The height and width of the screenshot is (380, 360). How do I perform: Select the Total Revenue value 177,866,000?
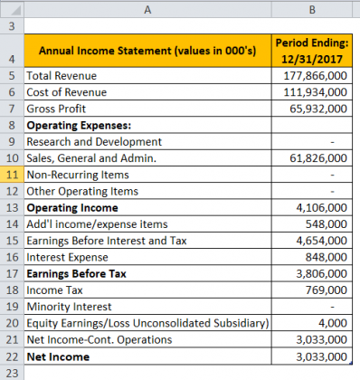(x=312, y=76)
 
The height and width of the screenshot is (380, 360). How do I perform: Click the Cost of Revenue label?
(x=67, y=92)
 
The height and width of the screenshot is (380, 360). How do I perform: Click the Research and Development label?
(x=94, y=141)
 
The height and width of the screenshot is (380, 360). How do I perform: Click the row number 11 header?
(x=12, y=174)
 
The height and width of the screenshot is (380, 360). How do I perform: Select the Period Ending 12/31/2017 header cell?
(x=310, y=49)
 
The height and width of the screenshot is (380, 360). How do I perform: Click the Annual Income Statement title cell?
(x=148, y=49)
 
